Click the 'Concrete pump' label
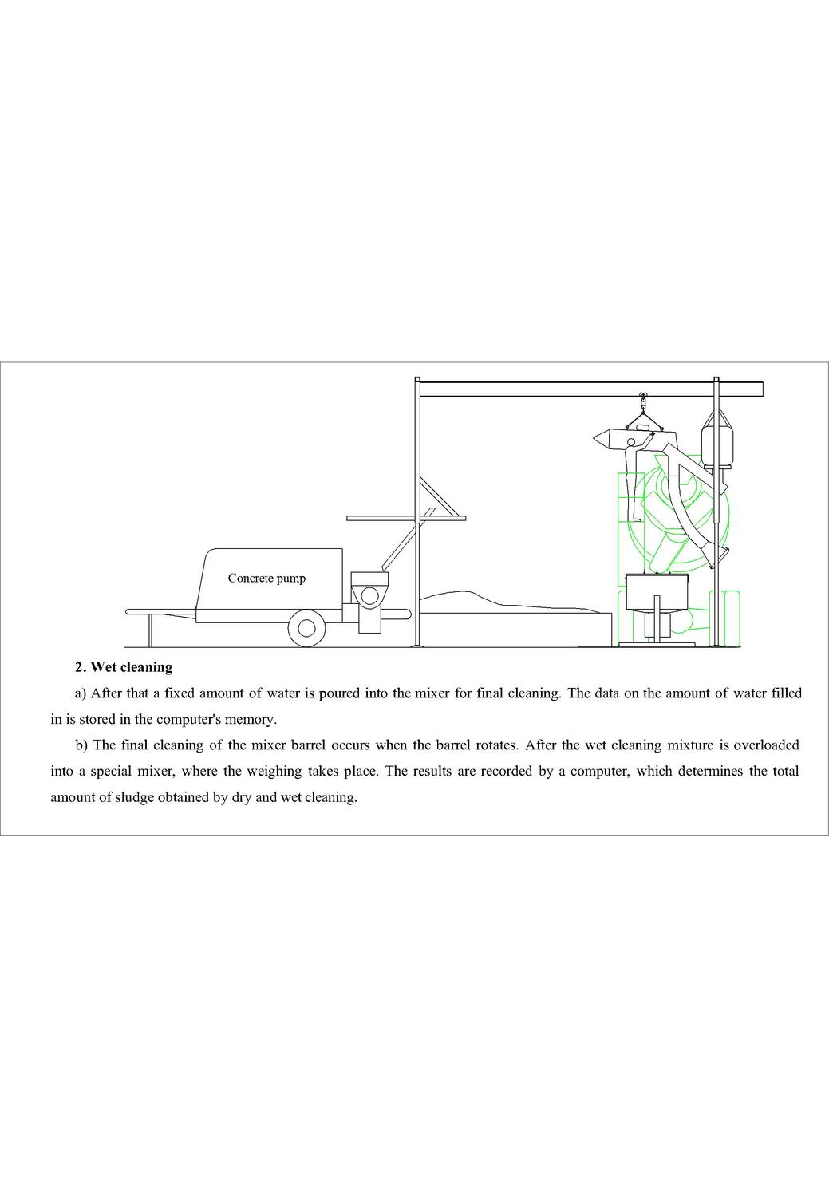pyautogui.click(x=266, y=579)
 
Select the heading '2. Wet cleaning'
pyautogui.click(x=124, y=667)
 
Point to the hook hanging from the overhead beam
pyautogui.click(x=643, y=401)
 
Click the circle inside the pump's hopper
pyautogui.click(x=369, y=595)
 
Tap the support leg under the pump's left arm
pyautogui.click(x=151, y=630)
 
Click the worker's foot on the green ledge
pyautogui.click(x=637, y=519)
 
